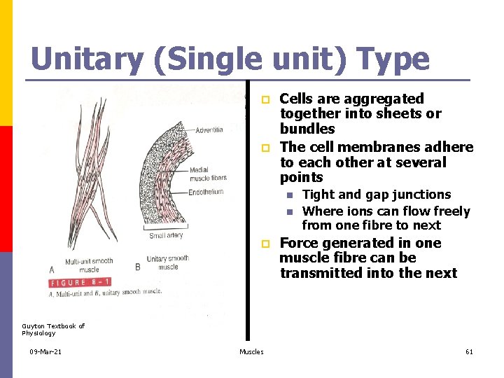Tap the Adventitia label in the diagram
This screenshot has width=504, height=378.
pos(209,130)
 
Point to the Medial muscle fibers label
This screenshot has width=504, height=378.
pos(209,174)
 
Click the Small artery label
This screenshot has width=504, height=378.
pos(166,235)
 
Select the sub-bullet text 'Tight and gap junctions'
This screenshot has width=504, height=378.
pos(376,195)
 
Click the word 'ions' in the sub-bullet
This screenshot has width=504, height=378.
pos(356,211)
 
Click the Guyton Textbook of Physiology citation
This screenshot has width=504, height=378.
pos(53,329)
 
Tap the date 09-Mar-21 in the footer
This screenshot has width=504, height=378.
pos(46,351)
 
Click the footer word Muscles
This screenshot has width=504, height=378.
pos(251,351)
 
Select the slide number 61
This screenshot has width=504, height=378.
pos(469,351)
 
